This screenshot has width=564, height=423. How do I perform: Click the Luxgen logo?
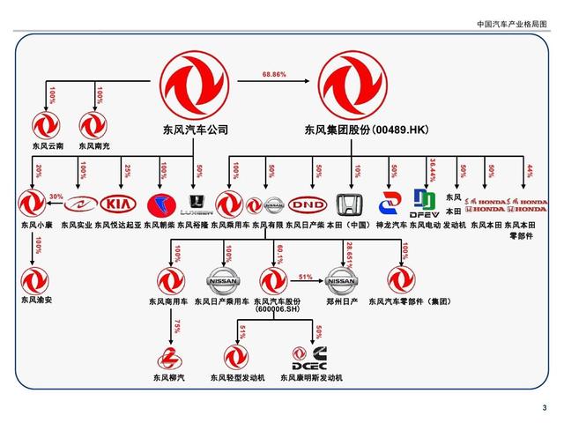click(x=196, y=205)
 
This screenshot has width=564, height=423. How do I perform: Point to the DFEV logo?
click(x=426, y=204)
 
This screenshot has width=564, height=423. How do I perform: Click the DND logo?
click(x=308, y=205)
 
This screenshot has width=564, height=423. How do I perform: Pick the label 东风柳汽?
click(x=170, y=378)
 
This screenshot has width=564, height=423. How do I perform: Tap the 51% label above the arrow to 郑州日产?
click(x=306, y=277)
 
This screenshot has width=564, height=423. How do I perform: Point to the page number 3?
click(x=544, y=407)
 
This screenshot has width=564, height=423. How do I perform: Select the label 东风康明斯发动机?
click(x=311, y=378)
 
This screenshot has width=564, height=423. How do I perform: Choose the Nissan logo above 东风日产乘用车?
click(x=222, y=282)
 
